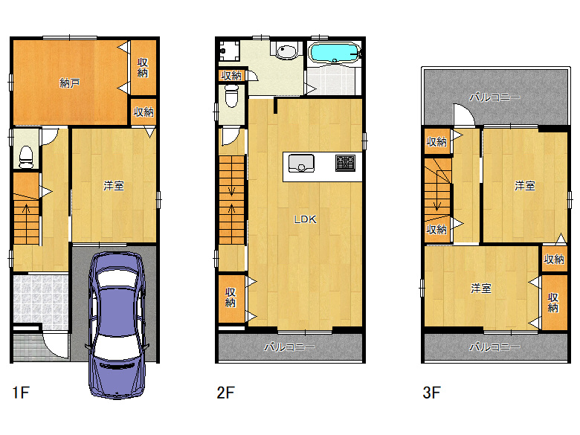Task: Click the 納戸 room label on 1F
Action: [70, 83]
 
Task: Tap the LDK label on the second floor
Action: [305, 219]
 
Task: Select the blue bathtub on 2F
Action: [335, 53]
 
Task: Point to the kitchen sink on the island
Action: [301, 163]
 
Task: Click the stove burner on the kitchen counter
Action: [346, 163]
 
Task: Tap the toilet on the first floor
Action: [26, 157]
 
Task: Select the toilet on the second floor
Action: [231, 95]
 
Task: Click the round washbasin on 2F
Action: [286, 51]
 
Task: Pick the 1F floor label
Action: [21, 393]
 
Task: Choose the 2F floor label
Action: [225, 393]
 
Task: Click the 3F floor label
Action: [431, 393]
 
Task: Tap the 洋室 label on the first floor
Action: [114, 186]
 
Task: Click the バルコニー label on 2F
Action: [290, 347]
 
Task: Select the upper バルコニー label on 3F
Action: [495, 97]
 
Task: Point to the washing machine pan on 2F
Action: [228, 51]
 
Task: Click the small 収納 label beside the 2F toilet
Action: [231, 76]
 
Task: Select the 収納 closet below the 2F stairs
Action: [231, 298]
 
